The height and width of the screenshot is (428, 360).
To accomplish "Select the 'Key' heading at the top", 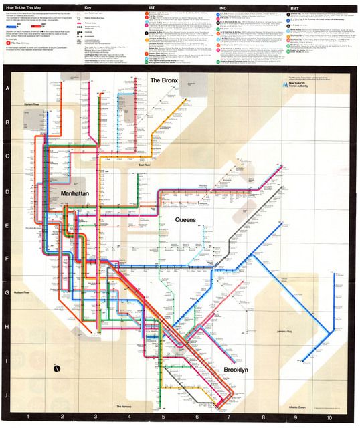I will pyautogui.click(x=87, y=7).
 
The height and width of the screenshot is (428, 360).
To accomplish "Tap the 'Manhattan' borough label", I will pyautogui.click(x=79, y=192).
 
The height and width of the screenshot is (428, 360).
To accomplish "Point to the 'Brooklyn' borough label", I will pyautogui.click(x=236, y=370).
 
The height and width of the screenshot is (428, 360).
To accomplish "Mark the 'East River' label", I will pyautogui.click(x=145, y=165).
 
